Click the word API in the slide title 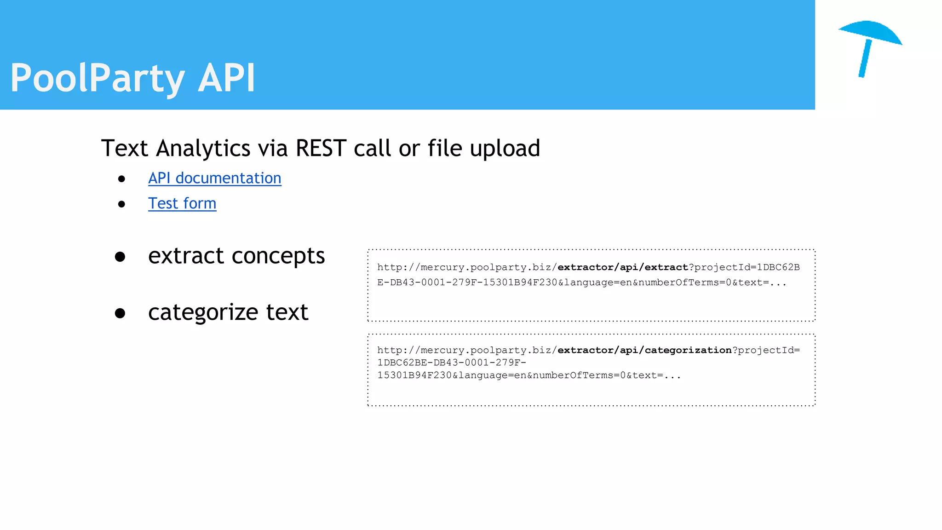point(226,78)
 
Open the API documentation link point(214,178)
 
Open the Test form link point(182,203)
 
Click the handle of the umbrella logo point(865,59)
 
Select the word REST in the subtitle point(321,149)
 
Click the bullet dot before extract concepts point(120,257)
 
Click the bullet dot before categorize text point(120,313)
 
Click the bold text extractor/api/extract point(623,267)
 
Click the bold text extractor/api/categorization point(644,350)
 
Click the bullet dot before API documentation point(121,179)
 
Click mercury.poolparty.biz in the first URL point(486,267)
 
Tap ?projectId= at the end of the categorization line point(766,350)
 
